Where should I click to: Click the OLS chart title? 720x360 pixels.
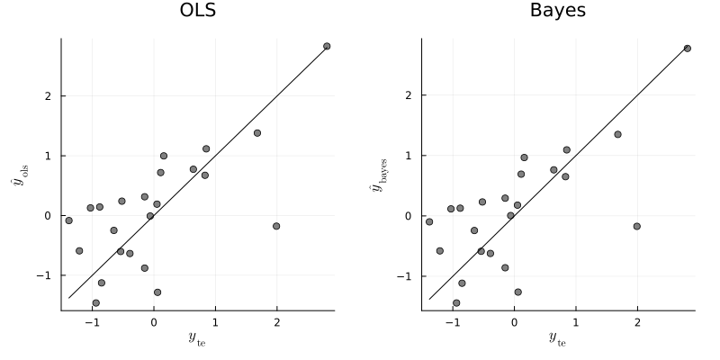197,12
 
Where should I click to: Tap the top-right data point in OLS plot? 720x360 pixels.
327,46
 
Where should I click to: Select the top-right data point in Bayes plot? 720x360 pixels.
687,49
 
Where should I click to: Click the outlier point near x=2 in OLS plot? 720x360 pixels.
276,226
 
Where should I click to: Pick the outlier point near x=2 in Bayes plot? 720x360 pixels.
636,226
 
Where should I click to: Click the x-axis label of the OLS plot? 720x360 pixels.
197,337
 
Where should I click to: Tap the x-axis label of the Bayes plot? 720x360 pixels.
558,337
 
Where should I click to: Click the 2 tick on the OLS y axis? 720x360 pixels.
49,96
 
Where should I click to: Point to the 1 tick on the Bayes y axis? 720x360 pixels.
410,156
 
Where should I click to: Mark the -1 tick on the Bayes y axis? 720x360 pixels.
408,276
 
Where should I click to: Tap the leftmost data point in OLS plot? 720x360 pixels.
68,220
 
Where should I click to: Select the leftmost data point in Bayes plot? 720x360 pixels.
429,221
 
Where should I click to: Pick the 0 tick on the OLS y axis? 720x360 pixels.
49,216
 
